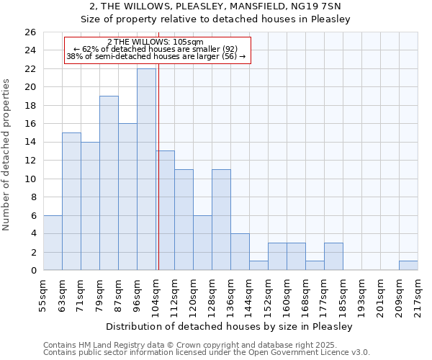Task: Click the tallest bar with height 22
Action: point(146,169)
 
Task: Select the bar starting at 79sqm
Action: point(109,183)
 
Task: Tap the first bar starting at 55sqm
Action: point(53,243)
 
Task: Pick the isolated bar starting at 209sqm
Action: point(408,266)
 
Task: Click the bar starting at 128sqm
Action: point(221,220)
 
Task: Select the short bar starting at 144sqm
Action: point(258,266)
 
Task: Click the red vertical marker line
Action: point(158,180)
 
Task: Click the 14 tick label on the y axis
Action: point(30,143)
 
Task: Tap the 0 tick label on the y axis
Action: point(32,271)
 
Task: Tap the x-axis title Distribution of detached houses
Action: point(230,326)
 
